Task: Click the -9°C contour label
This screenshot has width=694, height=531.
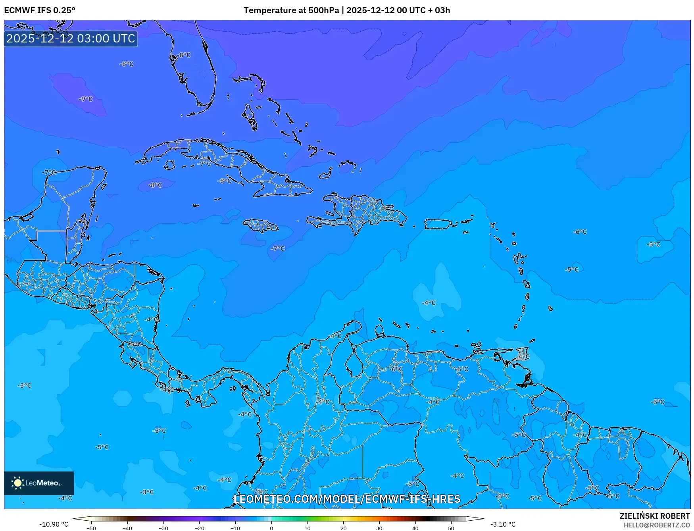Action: [x=86, y=99]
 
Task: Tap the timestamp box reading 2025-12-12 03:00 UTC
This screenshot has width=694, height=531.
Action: [x=71, y=38]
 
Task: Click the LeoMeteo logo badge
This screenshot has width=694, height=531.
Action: [x=39, y=483]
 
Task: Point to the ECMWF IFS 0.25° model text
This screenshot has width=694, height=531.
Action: [x=40, y=10]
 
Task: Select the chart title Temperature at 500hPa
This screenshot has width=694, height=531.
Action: [x=291, y=10]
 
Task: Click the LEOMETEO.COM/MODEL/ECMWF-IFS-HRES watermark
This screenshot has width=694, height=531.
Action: [x=347, y=499]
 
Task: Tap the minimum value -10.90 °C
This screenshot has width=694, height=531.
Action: [x=54, y=524]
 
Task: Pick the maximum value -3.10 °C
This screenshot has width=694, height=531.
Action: [x=503, y=524]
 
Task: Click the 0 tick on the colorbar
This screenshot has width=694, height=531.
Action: [x=271, y=528]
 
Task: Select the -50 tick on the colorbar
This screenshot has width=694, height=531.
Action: [x=91, y=528]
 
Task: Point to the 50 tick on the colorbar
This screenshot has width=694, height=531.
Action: [x=451, y=528]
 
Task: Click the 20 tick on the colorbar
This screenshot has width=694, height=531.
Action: [x=343, y=528]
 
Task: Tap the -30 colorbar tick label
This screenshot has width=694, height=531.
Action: [x=163, y=528]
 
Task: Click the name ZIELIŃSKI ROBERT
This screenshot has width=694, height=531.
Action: [x=655, y=516]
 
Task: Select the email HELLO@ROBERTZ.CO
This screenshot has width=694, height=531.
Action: [x=657, y=525]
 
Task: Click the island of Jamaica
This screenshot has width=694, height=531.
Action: [x=261, y=226]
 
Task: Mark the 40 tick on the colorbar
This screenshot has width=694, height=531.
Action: [x=415, y=528]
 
